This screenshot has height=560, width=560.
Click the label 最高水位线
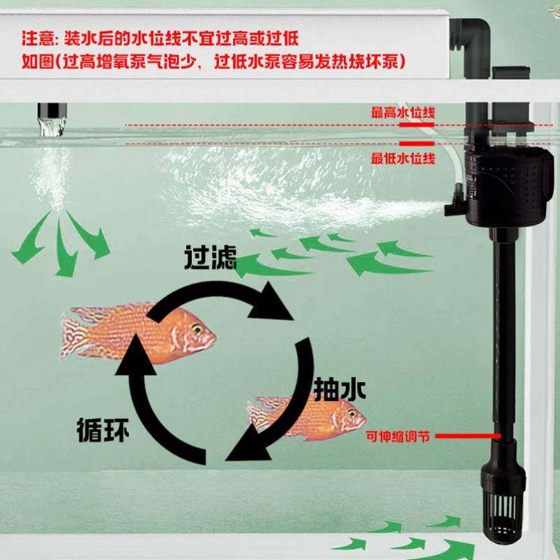(403, 112)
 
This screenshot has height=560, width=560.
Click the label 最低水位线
(403, 159)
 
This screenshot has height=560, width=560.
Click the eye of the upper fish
(197, 329)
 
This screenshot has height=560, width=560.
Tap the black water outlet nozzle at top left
(51, 112)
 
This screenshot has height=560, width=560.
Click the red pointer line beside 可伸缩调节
(467, 437)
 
